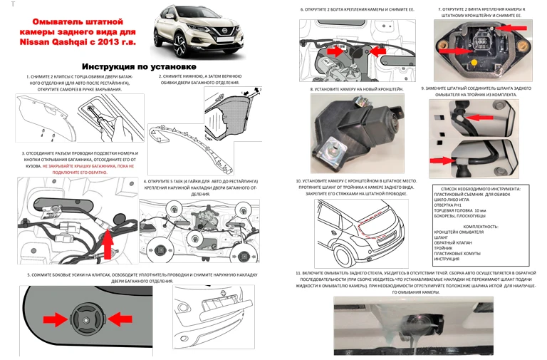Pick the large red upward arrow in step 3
tap(108, 243)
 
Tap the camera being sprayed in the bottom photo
tap(420, 329)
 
